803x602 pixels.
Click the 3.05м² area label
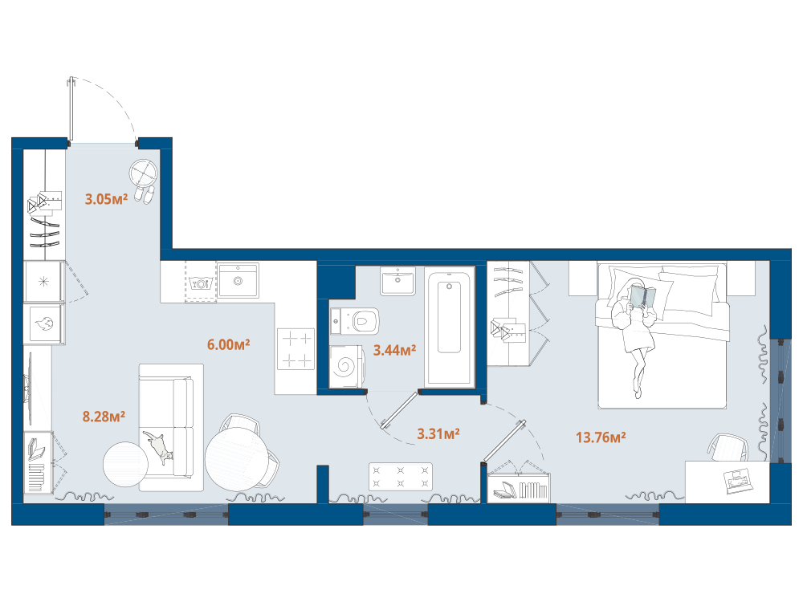click(x=106, y=199)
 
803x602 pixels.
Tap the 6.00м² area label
click(x=228, y=344)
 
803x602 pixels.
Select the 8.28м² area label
click(x=104, y=417)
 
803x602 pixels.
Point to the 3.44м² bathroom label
click(x=394, y=350)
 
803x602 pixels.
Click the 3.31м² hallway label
click(x=438, y=434)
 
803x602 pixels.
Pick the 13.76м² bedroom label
click(x=601, y=437)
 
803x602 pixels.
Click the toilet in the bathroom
click(x=355, y=321)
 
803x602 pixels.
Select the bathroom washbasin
click(x=397, y=280)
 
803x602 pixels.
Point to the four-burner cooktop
click(x=296, y=348)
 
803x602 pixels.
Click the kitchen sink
click(x=238, y=280)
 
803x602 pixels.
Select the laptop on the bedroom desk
click(x=739, y=482)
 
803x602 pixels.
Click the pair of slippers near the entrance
click(x=144, y=195)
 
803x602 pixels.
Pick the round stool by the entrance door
click(x=144, y=173)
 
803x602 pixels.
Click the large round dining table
click(x=237, y=458)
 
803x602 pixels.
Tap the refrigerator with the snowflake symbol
click(x=43, y=281)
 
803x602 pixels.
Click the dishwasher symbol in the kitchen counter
click(x=200, y=283)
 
